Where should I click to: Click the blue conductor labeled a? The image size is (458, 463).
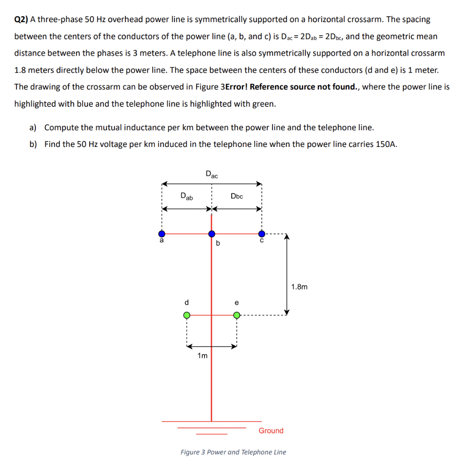(162, 234)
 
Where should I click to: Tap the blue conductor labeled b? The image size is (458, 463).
(212, 234)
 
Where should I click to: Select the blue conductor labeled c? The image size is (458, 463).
(262, 234)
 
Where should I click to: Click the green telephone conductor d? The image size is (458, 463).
(186, 315)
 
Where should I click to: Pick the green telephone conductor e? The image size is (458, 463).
(236, 315)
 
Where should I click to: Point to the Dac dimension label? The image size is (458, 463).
(211, 174)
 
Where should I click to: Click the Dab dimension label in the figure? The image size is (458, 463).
(186, 196)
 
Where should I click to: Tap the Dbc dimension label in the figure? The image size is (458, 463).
(237, 196)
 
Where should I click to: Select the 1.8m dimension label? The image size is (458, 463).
(299, 287)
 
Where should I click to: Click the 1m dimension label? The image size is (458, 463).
(202, 356)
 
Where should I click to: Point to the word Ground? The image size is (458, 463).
(271, 430)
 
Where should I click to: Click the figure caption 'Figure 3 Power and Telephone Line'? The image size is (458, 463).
(233, 452)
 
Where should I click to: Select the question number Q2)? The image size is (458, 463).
(21, 19)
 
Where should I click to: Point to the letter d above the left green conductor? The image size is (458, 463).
(186, 302)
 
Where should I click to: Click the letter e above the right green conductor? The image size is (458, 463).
(236, 302)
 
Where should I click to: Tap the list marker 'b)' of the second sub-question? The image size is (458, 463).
(33, 144)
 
